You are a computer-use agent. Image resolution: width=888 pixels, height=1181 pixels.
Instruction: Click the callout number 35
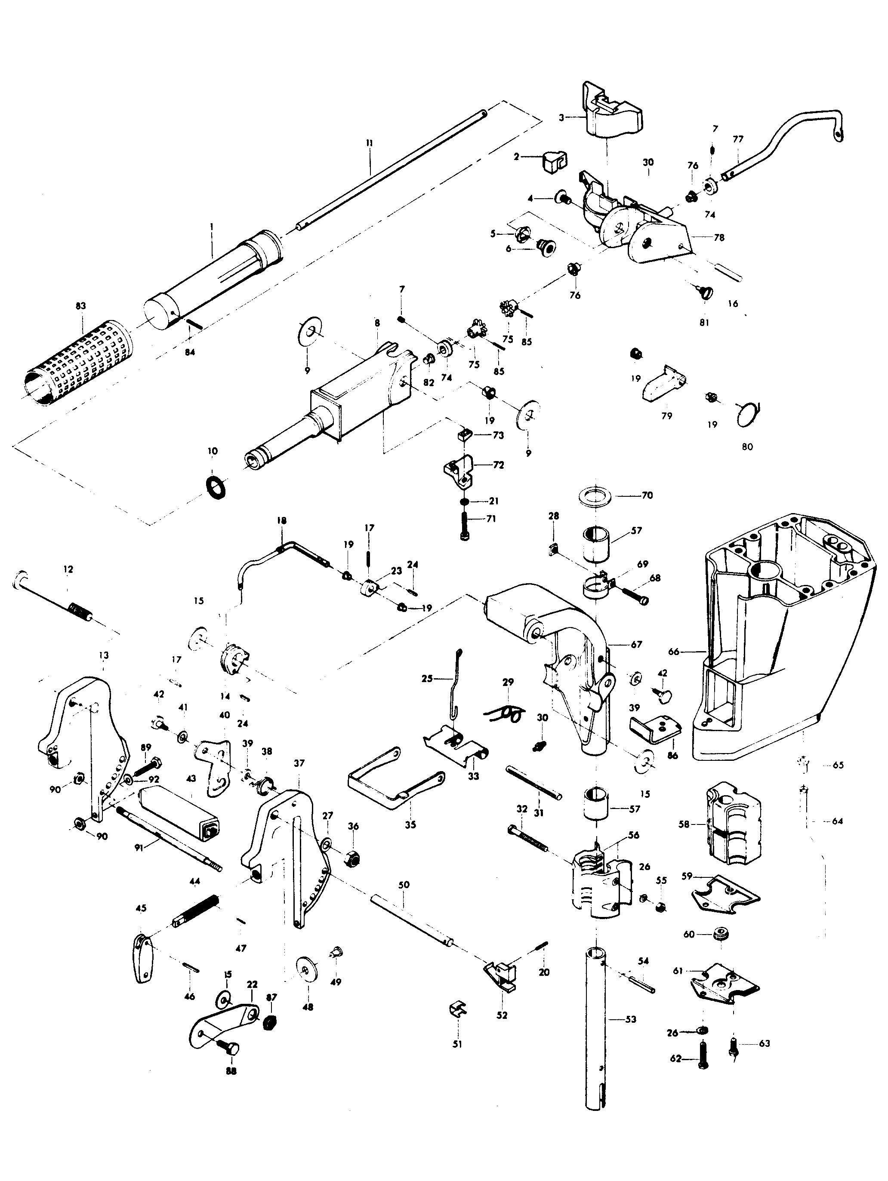[410, 825]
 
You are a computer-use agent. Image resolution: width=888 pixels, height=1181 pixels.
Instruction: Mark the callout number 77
[738, 139]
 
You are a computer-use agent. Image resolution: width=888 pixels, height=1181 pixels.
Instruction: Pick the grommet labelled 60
[722, 935]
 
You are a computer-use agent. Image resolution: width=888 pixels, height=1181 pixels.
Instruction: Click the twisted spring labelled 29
[505, 712]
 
